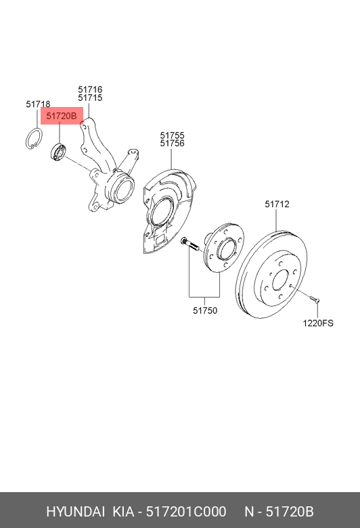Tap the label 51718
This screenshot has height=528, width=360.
(38, 104)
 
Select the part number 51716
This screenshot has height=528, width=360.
(89, 89)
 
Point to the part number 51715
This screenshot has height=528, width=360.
(89, 97)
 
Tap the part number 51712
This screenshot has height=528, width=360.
(277, 204)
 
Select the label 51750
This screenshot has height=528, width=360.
(204, 311)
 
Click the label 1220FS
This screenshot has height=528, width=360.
(317, 324)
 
